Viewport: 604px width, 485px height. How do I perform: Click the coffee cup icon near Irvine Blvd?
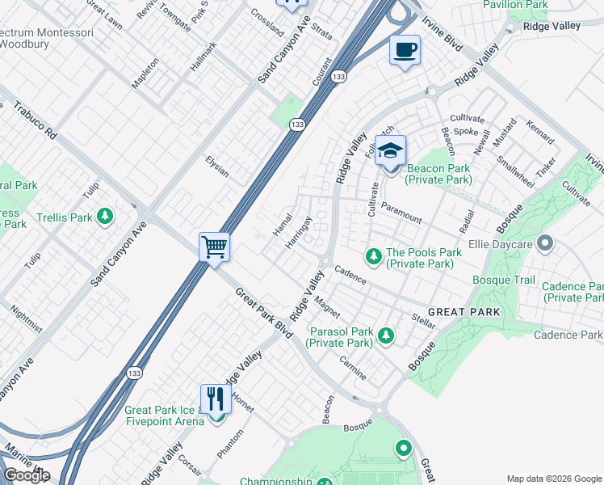coord(405,50)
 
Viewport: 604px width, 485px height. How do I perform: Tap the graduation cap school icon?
coord(390,151)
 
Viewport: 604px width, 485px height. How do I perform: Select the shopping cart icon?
coord(215,246)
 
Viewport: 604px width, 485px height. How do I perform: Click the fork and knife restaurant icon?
coord(216,398)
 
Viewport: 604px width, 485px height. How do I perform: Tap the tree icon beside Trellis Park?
coord(104,217)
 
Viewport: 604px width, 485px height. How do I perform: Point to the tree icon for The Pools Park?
coord(373,256)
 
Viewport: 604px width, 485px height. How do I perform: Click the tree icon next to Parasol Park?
coord(386,335)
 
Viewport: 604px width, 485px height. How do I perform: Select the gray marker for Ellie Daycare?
coord(546,242)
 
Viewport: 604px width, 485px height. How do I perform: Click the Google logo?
coord(27,475)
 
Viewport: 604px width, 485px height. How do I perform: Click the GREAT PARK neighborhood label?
coord(463,311)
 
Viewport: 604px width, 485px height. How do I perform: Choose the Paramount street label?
coord(401,213)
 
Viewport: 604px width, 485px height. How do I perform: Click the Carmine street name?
coord(353,368)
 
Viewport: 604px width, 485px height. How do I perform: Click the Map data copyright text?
coord(553,478)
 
